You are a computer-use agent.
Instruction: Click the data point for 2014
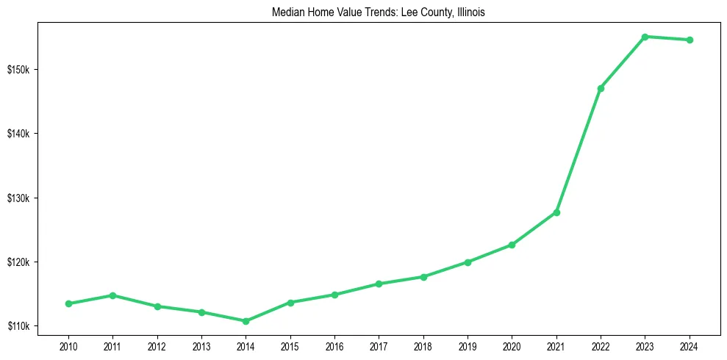[x=246, y=321]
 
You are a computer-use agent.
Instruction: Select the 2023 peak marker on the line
[x=645, y=37]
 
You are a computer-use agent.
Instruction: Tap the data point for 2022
[x=601, y=88]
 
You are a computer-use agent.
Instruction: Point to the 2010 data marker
[x=68, y=303]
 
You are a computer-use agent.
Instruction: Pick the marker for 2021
[x=556, y=212]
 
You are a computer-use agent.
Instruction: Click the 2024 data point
[x=690, y=40]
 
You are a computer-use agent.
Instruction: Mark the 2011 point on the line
[x=112, y=295]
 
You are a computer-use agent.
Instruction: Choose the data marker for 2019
[x=468, y=262]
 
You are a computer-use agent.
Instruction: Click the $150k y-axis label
[x=18, y=70]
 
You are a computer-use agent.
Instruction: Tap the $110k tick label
[x=18, y=326]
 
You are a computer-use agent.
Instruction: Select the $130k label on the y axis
[x=18, y=198]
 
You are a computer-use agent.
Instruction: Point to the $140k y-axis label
[x=18, y=134]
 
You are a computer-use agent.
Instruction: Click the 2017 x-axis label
[x=379, y=345]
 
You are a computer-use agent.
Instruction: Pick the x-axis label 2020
[x=512, y=345]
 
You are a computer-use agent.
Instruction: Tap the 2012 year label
[x=157, y=345]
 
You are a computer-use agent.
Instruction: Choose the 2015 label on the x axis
[x=290, y=345]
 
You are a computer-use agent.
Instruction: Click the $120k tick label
[x=18, y=262]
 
